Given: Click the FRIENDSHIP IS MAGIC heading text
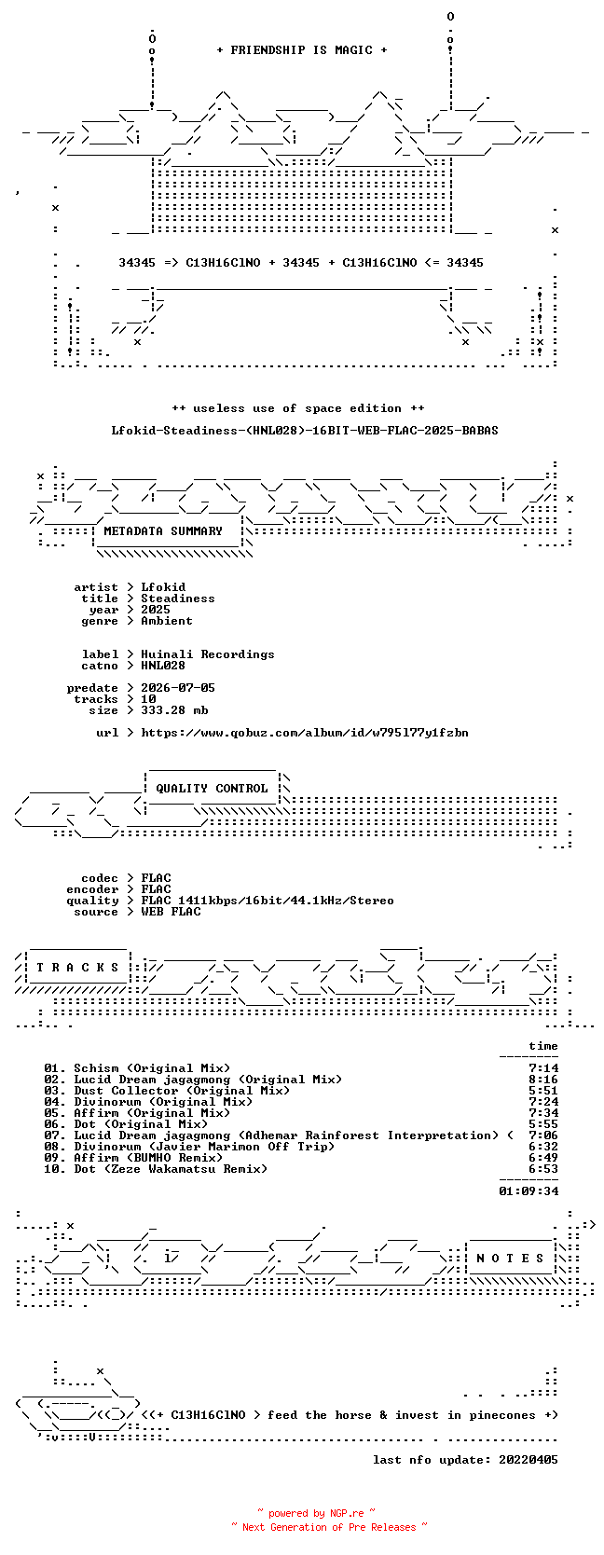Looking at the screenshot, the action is (x=302, y=50).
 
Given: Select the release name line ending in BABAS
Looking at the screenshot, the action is (x=305, y=431).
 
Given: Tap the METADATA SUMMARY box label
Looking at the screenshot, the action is (x=163, y=531).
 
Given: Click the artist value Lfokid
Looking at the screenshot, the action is (x=163, y=587).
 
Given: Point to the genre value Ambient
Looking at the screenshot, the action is (x=167, y=621).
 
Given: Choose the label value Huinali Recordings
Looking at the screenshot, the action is (x=208, y=654).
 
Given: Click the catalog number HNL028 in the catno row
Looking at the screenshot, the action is (x=163, y=665).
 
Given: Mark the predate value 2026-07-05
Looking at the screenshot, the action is (x=178, y=687).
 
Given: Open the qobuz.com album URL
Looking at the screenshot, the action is (x=305, y=733).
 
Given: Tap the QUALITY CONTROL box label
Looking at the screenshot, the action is (x=212, y=789).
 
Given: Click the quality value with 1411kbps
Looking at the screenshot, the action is (x=268, y=901).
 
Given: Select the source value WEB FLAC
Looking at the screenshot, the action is (x=171, y=912).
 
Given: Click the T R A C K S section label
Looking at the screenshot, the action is (x=77, y=968).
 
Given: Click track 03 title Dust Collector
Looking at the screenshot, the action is (x=182, y=1091).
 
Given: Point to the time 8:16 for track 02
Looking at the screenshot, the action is (x=543, y=1080).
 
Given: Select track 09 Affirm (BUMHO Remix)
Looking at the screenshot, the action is (x=148, y=1157).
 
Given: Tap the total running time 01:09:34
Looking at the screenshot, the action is (x=528, y=1191).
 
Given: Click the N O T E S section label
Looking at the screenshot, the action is (x=510, y=1259).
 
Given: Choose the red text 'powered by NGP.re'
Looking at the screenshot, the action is (x=316, y=1513).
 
